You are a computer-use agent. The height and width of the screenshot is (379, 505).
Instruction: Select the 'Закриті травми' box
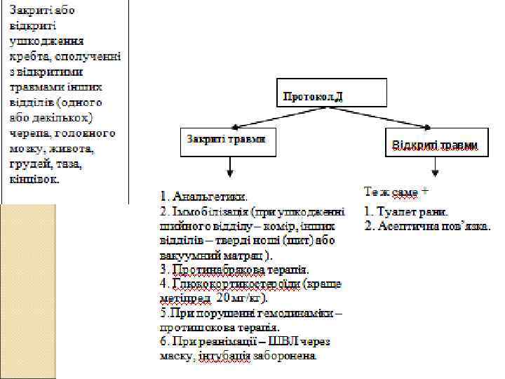227,140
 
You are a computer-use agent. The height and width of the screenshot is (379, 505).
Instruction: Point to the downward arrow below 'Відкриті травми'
435,168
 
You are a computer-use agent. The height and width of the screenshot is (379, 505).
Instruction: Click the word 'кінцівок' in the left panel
34,179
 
